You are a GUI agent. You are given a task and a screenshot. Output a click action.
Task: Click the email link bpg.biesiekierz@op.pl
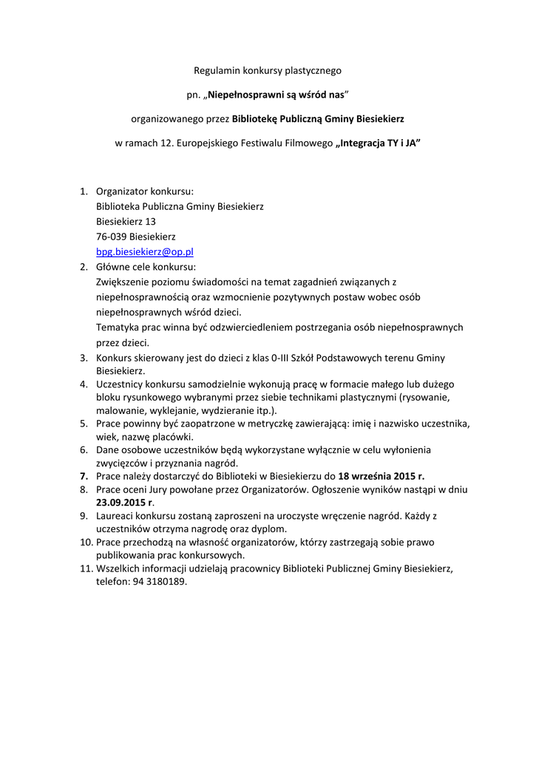tap(145, 252)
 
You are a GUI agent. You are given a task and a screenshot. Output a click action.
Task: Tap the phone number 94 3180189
tap(159, 582)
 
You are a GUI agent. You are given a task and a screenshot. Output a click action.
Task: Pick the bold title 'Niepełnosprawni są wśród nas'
tap(275, 95)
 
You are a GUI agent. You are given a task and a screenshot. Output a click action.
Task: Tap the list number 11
tap(84, 568)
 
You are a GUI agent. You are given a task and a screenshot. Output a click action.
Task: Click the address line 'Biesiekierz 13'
tap(126, 221)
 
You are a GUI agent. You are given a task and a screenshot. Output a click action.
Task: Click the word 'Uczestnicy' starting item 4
tap(121, 384)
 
